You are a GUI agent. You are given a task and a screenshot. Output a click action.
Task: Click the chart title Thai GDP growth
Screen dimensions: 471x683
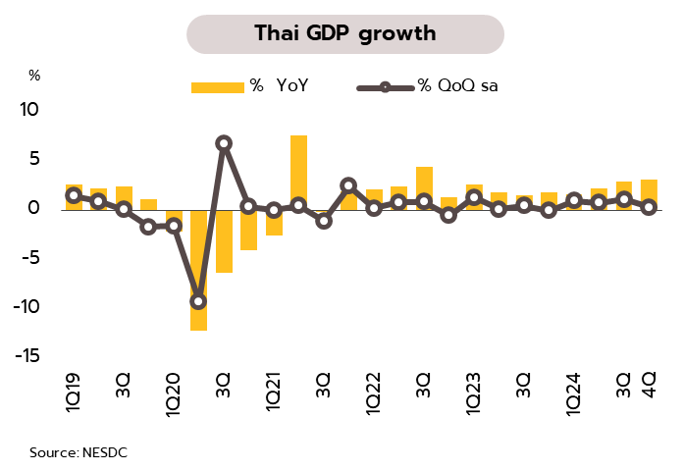[x=344, y=34]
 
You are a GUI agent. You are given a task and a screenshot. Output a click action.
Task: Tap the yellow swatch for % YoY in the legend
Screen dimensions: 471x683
[x=216, y=86]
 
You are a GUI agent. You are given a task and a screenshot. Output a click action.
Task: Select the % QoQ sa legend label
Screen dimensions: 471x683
[x=463, y=86]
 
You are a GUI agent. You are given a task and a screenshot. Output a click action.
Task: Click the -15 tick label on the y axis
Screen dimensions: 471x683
[x=25, y=355]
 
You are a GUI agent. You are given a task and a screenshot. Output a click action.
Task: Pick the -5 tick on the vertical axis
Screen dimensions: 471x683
[x=28, y=257]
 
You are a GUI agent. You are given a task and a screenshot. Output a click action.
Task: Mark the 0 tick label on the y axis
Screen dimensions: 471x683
[x=33, y=208]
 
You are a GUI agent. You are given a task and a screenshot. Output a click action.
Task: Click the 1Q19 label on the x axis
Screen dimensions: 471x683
[x=74, y=393]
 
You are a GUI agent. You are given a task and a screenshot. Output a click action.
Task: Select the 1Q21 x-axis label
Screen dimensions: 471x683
[x=274, y=393]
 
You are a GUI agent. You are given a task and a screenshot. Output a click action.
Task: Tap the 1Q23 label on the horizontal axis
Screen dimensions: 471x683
[x=475, y=393]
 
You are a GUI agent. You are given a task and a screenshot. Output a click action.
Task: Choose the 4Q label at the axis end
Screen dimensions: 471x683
[x=649, y=382]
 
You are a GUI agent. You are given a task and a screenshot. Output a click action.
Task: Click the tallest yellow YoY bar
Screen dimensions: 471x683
[x=298, y=172]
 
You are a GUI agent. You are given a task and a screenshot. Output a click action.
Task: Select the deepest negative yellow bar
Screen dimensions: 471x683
[x=198, y=269]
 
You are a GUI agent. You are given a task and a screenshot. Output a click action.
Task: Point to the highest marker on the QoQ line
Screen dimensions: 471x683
[x=224, y=143]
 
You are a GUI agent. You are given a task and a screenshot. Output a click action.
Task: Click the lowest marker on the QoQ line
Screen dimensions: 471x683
[x=198, y=301]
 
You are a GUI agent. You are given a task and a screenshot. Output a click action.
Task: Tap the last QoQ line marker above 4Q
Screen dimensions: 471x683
[x=649, y=206]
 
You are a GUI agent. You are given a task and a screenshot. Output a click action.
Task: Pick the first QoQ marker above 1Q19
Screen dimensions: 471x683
[x=74, y=195]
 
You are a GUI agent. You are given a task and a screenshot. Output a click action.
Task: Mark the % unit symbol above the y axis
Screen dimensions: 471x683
[x=34, y=75]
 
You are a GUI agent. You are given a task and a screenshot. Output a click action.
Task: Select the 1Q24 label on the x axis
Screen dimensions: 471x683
[x=575, y=393]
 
